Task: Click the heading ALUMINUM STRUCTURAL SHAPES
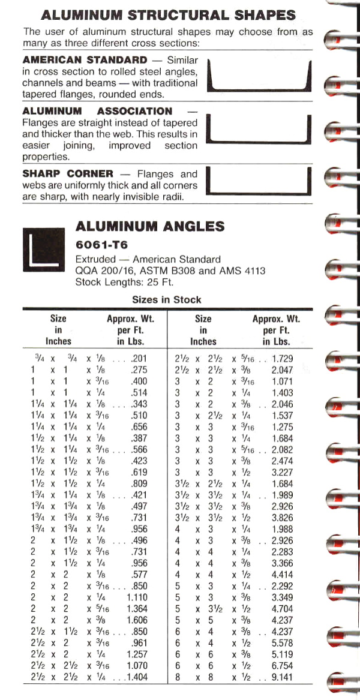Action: coord(169,15)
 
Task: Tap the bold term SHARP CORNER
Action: coord(68,174)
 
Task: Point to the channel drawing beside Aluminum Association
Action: coord(260,128)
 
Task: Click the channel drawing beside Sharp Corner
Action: coord(260,184)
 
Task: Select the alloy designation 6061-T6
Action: coord(101,245)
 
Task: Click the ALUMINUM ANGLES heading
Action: coord(150,227)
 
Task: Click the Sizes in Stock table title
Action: coord(167,299)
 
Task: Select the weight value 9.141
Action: coord(283,678)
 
